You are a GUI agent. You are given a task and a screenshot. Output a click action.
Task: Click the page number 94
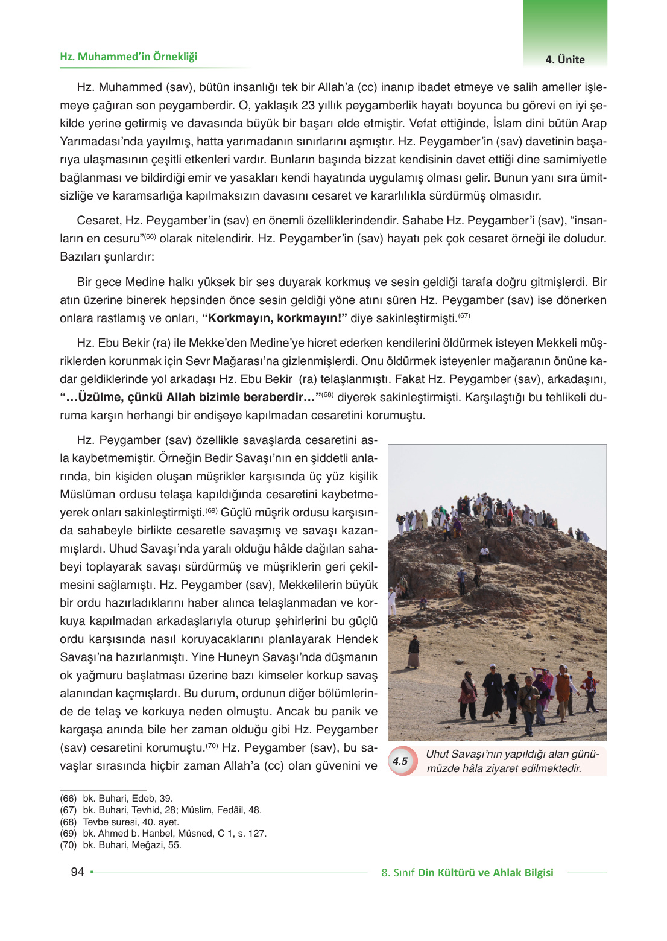pyautogui.click(x=77, y=872)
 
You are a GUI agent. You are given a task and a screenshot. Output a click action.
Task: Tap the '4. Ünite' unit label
pyautogui.click(x=564, y=60)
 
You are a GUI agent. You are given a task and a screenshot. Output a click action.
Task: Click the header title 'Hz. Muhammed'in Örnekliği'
pyautogui.click(x=128, y=57)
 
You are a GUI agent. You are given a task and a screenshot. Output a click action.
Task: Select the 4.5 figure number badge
pyautogui.click(x=400, y=761)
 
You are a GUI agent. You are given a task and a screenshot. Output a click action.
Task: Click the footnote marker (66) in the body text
pyautogui.click(x=150, y=236)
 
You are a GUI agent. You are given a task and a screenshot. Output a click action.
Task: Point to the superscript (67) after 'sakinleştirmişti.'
pyautogui.click(x=464, y=315)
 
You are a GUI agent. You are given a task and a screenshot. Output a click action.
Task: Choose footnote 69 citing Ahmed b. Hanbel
pyautogui.click(x=163, y=833)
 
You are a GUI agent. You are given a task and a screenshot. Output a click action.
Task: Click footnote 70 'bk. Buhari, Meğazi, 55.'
pyautogui.click(x=121, y=844)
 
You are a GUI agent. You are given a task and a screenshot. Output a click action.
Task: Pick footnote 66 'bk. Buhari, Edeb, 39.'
pyautogui.click(x=116, y=798)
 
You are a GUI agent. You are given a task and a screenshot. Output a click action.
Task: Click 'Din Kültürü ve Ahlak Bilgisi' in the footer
pyautogui.click(x=485, y=872)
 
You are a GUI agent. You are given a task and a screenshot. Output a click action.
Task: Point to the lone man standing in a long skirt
pyautogui.click(x=414, y=652)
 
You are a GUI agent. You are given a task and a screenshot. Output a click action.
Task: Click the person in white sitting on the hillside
pyautogui.click(x=484, y=552)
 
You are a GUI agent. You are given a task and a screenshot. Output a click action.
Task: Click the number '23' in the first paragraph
pyautogui.click(x=308, y=106)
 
